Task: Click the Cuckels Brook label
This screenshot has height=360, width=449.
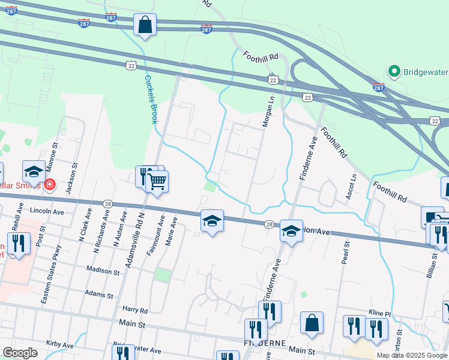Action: [150, 99]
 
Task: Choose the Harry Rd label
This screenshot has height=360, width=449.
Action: [135, 310]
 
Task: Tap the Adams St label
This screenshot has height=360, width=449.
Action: [99, 295]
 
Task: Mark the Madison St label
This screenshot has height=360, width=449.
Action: [103, 270]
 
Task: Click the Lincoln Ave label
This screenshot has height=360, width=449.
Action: [50, 212]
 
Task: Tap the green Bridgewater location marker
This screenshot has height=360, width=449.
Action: [394, 72]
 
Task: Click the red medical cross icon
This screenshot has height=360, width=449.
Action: [49, 185]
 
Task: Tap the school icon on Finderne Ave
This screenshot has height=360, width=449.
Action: [291, 230]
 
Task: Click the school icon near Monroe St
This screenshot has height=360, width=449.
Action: [34, 171]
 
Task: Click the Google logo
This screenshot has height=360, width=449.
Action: [20, 352]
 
